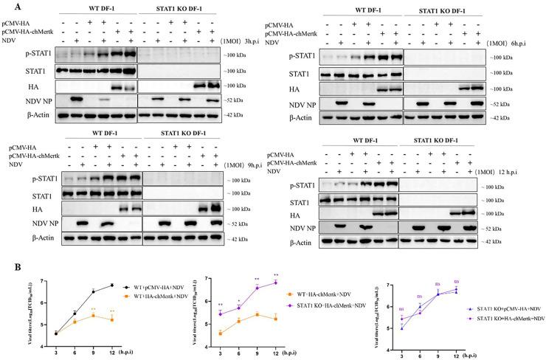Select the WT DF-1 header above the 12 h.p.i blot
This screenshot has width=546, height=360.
coord(362,142)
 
